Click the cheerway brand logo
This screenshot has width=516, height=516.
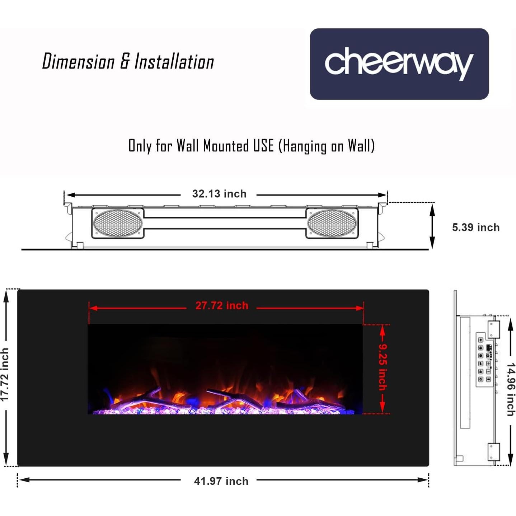(x=399, y=64)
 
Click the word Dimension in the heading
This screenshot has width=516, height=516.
(x=78, y=62)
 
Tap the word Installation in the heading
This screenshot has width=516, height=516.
(x=174, y=62)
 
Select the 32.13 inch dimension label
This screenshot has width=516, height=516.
(x=219, y=194)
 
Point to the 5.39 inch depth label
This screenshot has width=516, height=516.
(x=475, y=227)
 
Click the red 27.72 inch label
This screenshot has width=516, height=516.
(x=222, y=306)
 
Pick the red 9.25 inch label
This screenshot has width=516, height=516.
(x=383, y=367)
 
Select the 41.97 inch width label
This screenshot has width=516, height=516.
(x=221, y=481)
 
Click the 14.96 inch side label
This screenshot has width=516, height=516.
(x=511, y=389)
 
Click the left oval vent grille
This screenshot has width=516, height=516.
(x=118, y=223)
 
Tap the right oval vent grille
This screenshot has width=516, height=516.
(x=332, y=223)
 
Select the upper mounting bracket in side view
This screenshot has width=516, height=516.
(x=493, y=329)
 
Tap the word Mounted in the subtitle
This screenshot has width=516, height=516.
(x=226, y=146)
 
